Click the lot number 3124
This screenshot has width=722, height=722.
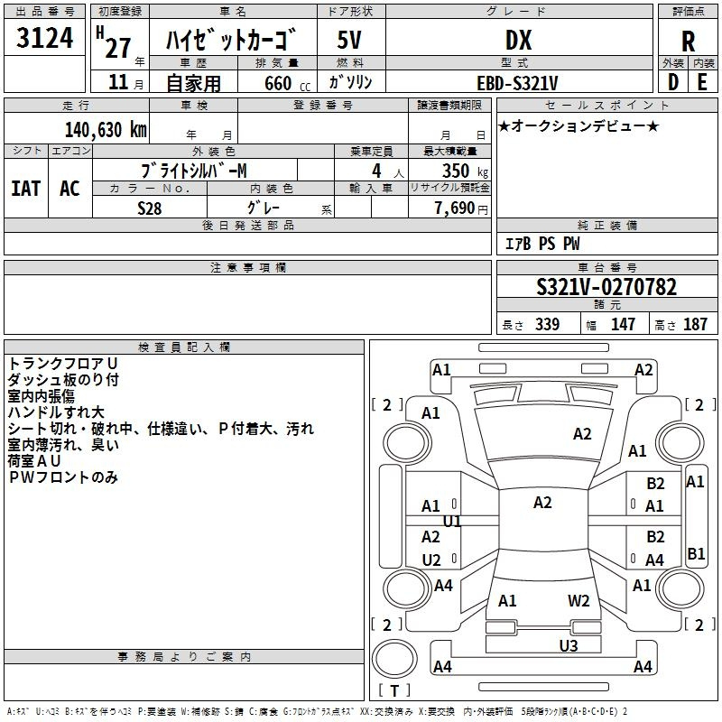pos(44,38)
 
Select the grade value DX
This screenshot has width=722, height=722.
pos(518,40)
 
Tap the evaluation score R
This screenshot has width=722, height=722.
pos(688,42)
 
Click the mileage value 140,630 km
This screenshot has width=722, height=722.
pos(106,130)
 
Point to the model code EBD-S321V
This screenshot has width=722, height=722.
pos(517,83)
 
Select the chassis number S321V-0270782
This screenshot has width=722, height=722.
pos(606,287)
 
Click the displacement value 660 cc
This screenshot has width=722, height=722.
pos(287,84)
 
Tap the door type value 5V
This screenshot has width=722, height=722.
pos(349,40)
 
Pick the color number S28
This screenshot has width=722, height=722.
pos(149,208)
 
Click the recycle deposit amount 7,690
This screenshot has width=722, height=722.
pos(455,208)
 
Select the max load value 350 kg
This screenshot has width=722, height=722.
pos(465,171)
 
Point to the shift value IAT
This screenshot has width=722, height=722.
pos(26,189)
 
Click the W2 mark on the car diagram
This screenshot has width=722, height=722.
pos(579,601)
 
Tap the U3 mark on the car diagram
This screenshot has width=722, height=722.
pos(569,645)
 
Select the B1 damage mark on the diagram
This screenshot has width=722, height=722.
pos(695,553)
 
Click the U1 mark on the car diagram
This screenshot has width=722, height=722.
pos(452,522)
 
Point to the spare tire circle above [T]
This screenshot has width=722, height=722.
pos(394,659)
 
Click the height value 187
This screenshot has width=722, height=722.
pos(695,324)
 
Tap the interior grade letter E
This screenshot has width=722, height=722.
pos(702,82)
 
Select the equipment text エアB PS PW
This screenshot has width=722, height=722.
pos(542,244)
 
